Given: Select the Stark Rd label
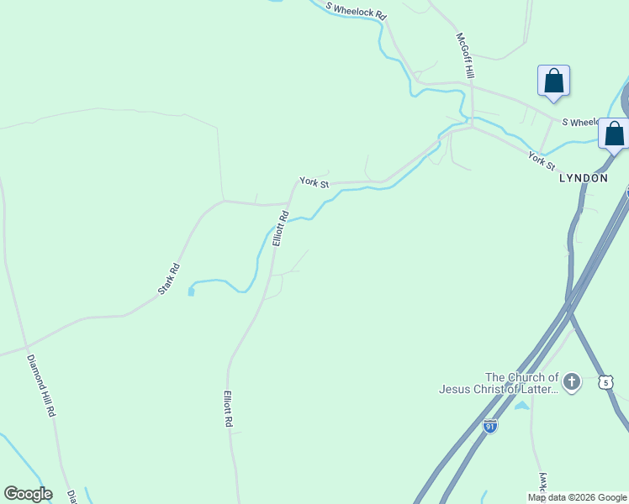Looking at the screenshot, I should click(169, 280).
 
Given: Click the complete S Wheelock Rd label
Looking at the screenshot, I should click(357, 11).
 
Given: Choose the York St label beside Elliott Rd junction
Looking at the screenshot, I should click(314, 182).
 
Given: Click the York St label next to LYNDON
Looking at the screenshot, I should click(542, 160).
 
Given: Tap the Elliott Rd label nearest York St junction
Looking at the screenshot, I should click(280, 228).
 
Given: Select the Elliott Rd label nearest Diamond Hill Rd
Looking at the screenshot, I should click(228, 409).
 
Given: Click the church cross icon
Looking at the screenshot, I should click(571, 383).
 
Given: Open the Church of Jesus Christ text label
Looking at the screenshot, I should click(498, 383).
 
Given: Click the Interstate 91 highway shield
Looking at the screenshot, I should click(489, 426).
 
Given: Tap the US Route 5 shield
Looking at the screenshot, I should click(605, 382).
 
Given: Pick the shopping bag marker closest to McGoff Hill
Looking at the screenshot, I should click(553, 82).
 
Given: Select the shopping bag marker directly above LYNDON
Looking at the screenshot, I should click(614, 134).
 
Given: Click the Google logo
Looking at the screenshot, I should click(28, 494).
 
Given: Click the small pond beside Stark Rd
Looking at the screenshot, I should click(191, 291).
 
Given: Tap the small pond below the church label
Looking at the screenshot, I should click(521, 406).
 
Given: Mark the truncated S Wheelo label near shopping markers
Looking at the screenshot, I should click(579, 123).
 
